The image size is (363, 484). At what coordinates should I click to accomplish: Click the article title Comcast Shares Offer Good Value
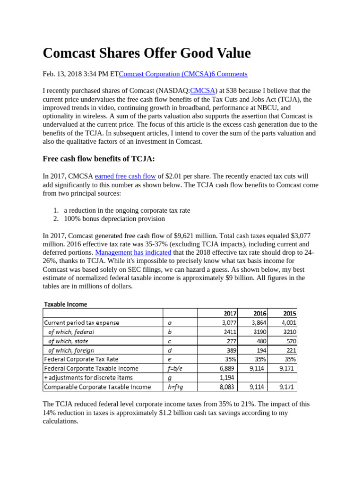coord(147,53)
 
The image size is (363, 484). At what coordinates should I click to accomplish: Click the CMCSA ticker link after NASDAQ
coord(203,91)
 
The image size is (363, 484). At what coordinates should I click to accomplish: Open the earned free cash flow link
coord(125,176)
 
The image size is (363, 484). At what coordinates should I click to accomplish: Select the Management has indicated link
coord(133,253)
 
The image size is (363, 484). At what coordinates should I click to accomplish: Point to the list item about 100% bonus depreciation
coord(114,219)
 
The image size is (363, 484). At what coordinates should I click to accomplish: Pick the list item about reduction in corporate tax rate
coord(127,210)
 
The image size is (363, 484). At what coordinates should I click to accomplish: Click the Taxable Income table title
coord(66,304)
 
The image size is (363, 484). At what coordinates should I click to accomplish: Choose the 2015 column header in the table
coord(289,313)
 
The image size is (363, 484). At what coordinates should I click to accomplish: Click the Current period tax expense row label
coord(82,323)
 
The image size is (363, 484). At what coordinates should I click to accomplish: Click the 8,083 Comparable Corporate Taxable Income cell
coord(227,387)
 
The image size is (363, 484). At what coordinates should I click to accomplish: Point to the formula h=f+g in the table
coord(175,387)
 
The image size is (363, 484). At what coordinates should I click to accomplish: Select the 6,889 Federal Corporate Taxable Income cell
coord(227,368)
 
